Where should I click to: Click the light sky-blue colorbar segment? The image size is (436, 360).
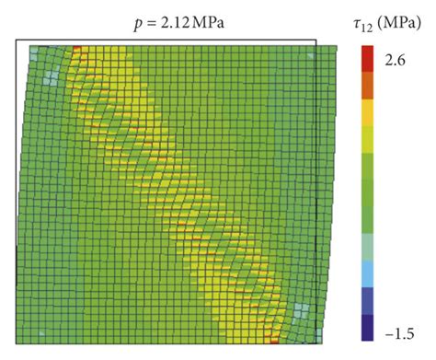tap(369, 273)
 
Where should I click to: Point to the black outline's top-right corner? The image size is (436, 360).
tap(316, 40)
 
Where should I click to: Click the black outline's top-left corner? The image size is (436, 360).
tap(17, 40)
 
